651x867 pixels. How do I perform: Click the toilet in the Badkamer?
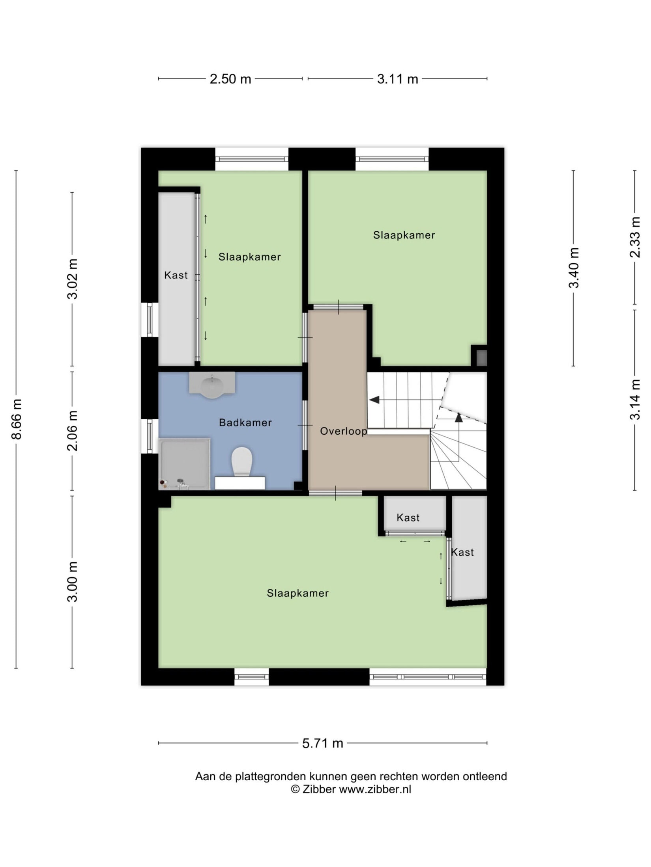point(241,461)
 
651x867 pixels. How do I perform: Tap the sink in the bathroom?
point(212,385)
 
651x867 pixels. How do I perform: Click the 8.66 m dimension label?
point(16,419)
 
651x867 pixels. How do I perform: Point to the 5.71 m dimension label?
point(322,743)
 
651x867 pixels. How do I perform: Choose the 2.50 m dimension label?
point(230,79)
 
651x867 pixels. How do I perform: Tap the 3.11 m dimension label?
point(397,79)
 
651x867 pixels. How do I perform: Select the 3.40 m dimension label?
point(574,268)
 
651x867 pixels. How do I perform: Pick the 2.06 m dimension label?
point(72,430)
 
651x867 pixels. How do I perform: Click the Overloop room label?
point(343,431)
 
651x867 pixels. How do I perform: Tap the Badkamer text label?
point(245,422)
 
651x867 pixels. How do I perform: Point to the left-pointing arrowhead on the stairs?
point(374,400)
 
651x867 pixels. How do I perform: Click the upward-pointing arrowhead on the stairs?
point(458,417)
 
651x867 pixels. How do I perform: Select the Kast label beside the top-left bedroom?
point(176,275)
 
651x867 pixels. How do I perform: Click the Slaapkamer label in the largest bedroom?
point(297,593)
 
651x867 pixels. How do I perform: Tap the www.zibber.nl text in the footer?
point(375,789)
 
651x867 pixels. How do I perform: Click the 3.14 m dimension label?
point(635,399)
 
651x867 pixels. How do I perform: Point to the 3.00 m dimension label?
point(72,582)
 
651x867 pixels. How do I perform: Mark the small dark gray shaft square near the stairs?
point(481,357)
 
